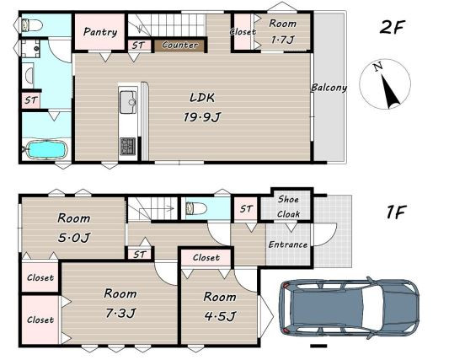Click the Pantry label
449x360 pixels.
click(x=100, y=32)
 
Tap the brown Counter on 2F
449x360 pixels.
click(x=179, y=46)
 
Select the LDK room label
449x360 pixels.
click(x=202, y=98)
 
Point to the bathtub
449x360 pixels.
click(x=46, y=149)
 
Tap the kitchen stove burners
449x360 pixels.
click(x=128, y=147)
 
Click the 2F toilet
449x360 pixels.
click(x=31, y=25)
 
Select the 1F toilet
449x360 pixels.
click(x=196, y=208)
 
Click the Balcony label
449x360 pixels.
click(x=329, y=88)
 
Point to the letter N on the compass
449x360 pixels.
click(x=378, y=67)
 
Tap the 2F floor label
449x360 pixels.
click(x=392, y=27)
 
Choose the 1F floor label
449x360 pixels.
click(x=395, y=212)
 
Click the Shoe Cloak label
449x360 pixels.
click(x=289, y=207)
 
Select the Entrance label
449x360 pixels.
click(x=288, y=244)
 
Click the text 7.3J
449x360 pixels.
click(x=120, y=313)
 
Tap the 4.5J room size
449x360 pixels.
click(x=220, y=316)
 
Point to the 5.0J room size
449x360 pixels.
click(x=74, y=237)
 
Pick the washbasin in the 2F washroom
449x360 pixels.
click(x=29, y=76)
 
